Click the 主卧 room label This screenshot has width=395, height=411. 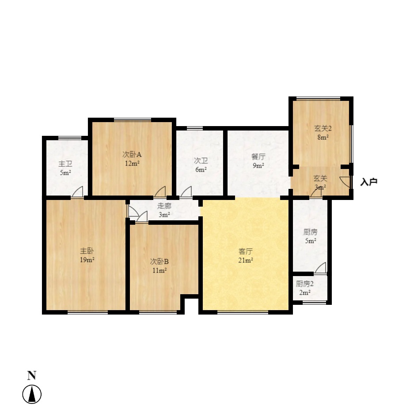point(87,251)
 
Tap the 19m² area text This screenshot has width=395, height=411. point(87,260)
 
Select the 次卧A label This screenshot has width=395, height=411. point(132,154)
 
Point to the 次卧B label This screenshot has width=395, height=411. point(159,261)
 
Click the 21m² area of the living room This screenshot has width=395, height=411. point(246,260)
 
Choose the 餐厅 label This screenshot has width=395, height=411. point(258,157)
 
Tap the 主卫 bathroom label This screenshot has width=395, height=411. point(65,164)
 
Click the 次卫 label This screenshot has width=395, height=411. point(201,161)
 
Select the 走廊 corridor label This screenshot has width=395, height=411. point(164,206)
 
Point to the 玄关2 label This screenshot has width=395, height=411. point(323,128)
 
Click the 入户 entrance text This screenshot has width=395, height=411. point(368,182)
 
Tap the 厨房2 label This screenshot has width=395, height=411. point(305,284)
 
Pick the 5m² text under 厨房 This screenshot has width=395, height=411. point(311,241)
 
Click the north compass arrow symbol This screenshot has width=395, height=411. point(32,394)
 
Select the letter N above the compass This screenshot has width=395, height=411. point(32,375)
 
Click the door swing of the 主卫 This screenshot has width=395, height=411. point(78,192)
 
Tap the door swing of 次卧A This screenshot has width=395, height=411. point(160,192)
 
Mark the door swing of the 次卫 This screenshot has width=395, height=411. point(186,192)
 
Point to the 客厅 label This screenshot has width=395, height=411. point(246,251)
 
